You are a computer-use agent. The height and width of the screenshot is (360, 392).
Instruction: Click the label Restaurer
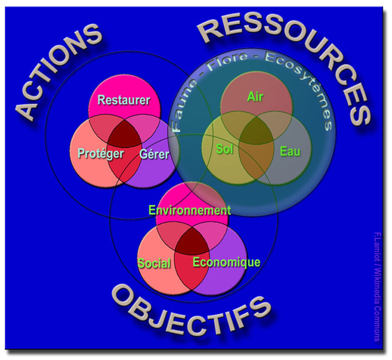click(124, 100)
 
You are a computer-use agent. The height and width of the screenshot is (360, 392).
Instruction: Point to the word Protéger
click(101, 154)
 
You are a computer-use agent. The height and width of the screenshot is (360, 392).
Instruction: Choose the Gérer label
click(154, 154)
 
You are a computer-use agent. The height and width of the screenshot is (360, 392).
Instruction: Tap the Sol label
click(224, 149)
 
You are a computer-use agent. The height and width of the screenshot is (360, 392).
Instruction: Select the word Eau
click(290, 152)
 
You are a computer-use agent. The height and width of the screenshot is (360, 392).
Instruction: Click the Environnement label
click(189, 210)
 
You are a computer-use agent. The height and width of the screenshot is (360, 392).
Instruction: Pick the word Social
click(154, 263)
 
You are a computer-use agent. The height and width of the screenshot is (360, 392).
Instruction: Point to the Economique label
click(226, 262)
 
